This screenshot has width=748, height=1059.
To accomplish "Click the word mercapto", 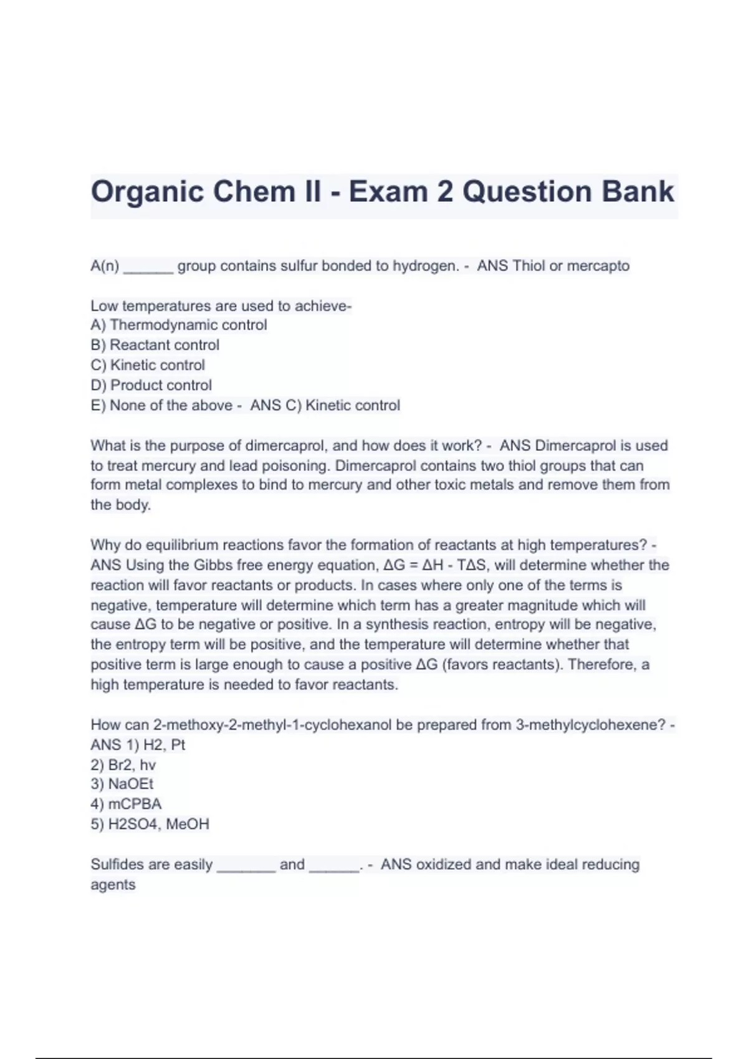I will [598, 266].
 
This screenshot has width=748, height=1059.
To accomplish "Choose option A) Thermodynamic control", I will [179, 325].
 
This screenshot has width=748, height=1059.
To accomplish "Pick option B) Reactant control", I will [155, 345].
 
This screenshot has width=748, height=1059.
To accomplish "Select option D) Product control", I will [151, 386].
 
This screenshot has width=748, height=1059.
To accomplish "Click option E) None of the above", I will [161, 406].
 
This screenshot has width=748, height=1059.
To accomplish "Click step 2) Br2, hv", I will [123, 765].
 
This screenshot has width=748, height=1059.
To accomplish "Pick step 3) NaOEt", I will [122, 784].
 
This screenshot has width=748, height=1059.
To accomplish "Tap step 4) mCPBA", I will [126, 804].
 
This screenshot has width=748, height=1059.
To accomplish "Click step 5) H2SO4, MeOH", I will [150, 824].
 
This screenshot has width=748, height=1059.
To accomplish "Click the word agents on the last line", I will [113, 885].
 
